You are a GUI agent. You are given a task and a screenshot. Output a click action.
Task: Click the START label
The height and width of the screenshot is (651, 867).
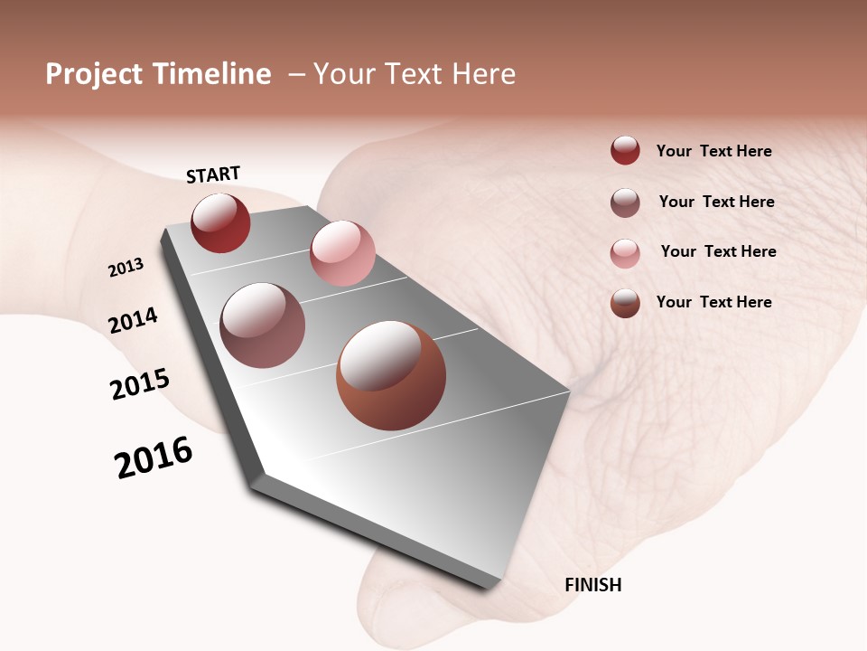point(213,175)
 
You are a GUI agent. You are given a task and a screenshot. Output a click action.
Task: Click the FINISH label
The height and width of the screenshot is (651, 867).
point(592,585)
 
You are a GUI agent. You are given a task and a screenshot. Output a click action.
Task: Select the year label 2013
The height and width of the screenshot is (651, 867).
point(126,268)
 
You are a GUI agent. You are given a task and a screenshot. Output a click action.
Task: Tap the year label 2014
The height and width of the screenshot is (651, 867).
point(133,320)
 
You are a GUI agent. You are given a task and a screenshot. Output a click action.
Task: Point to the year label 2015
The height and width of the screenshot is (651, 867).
point(140,384)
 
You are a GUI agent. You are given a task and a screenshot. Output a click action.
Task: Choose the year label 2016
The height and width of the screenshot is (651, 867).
point(154,458)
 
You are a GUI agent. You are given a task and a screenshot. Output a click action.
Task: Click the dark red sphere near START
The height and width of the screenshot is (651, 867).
point(220,223)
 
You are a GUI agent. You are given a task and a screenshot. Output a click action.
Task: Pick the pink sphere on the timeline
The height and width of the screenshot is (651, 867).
point(342,253)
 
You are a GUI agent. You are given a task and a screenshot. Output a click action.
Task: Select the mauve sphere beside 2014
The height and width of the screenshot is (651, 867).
point(262,325)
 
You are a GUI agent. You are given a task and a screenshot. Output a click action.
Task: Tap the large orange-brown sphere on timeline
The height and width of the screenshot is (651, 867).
point(391,375)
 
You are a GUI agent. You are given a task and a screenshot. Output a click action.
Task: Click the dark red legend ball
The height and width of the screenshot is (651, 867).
point(625,151)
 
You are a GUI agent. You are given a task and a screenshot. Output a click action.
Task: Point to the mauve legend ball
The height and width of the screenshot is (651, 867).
point(625,203)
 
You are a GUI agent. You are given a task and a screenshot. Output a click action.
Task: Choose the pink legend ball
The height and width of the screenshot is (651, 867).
point(625,252)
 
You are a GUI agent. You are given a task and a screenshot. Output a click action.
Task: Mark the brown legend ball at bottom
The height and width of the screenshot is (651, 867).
point(625,303)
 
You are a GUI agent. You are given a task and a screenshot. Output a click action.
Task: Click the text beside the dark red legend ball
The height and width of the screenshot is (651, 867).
point(713,152)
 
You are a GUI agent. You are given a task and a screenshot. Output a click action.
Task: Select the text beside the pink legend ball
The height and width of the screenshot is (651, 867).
point(718,251)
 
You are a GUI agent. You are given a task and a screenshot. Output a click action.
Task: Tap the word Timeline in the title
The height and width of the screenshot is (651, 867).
point(212,74)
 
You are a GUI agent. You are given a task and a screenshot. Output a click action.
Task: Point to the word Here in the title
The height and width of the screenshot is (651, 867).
point(484,74)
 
